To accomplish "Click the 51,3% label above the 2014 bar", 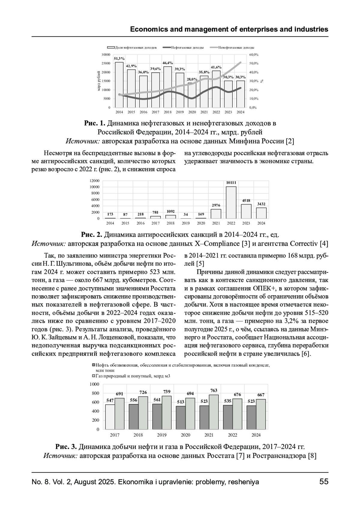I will (x=119, y=58).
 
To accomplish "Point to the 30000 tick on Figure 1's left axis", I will (x=106, y=55).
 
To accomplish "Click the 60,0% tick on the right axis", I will (x=253, y=55).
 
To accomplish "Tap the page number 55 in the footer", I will (x=324, y=482).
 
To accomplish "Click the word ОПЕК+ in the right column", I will (x=263, y=288).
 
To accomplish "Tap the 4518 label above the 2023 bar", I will (x=246, y=201).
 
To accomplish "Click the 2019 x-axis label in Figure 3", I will (x=162, y=435).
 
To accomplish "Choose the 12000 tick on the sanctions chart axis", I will (x=95, y=181).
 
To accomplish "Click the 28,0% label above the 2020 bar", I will (x=192, y=79).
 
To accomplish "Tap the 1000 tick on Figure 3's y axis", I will (x=94, y=384).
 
